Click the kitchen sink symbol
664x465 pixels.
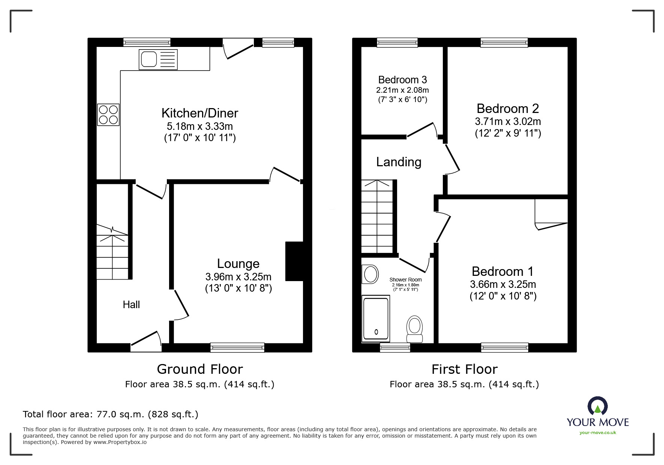pyautogui.click(x=158, y=59)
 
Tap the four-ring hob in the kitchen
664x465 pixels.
pyautogui.click(x=108, y=114)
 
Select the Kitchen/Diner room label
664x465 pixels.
pyautogui.click(x=200, y=113)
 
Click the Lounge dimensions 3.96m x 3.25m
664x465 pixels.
pyautogui.click(x=238, y=277)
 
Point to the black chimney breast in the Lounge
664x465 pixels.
pyautogui.click(x=294, y=261)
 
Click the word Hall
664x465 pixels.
pyautogui.click(x=131, y=305)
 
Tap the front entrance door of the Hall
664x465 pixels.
pyautogui.click(x=146, y=342)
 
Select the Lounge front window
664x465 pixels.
pyautogui.click(x=237, y=348)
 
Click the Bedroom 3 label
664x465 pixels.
pyautogui.click(x=402, y=80)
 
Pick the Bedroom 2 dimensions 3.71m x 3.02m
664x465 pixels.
pyautogui.click(x=508, y=122)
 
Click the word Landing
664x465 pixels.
pyautogui.click(x=399, y=162)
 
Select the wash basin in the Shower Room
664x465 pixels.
pyautogui.click(x=370, y=274)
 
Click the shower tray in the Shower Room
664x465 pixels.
pyautogui.click(x=376, y=319)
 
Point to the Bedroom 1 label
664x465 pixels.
pyautogui.click(x=502, y=271)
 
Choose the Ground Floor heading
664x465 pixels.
pyautogui.click(x=200, y=369)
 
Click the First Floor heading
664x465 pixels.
pyautogui.click(x=464, y=369)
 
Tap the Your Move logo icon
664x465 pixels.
pyautogui.click(x=597, y=406)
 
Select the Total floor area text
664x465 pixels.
pyautogui.click(x=111, y=414)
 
